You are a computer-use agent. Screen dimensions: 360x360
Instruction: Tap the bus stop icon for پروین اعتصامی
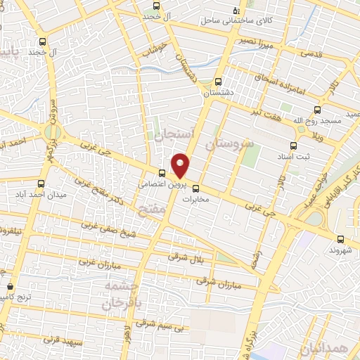click(x=162, y=173)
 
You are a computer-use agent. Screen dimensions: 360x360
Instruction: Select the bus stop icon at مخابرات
click(x=196, y=188)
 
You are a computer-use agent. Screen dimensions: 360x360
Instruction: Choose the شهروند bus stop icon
click(x=341, y=239)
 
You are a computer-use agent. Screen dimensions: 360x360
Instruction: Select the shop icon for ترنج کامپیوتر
click(x=10, y=287)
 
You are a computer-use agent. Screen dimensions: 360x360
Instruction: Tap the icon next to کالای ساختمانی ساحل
click(x=236, y=12)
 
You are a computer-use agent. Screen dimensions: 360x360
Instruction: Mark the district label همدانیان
click(x=326, y=349)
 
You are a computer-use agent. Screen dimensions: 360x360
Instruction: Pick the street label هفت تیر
click(x=271, y=114)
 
